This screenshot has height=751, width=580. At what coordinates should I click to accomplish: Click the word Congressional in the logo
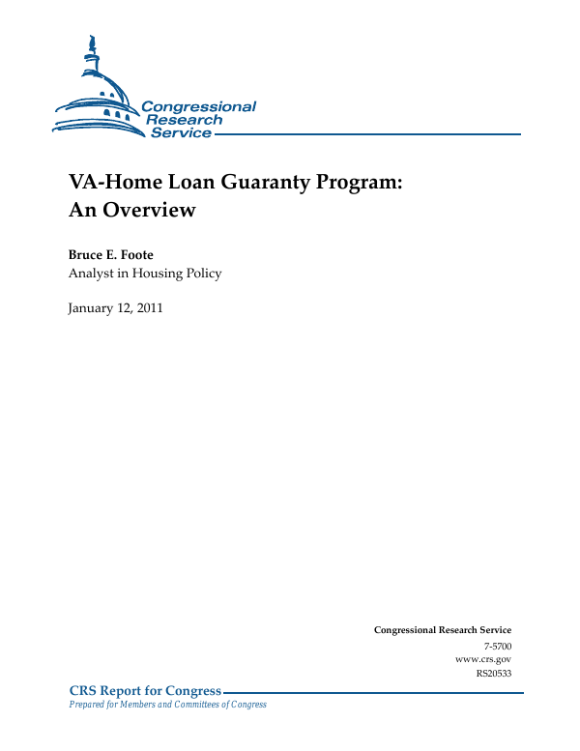(x=198, y=106)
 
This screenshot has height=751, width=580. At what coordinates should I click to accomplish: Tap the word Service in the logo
(x=181, y=132)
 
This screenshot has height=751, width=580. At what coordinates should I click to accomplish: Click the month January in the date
(x=92, y=309)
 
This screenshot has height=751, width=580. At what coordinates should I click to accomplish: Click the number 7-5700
(x=496, y=644)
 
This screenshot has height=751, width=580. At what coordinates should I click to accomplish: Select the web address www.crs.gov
(x=482, y=658)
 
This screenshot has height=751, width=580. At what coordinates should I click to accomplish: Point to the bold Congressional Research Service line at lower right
(x=443, y=630)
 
